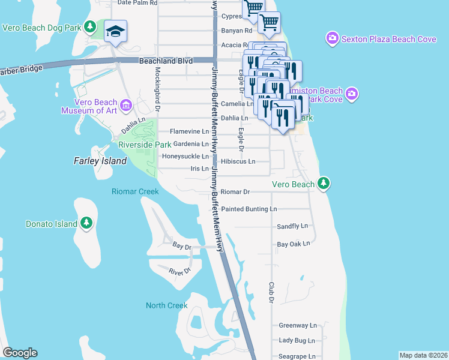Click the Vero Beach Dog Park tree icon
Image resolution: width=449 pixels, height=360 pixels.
point(90,27)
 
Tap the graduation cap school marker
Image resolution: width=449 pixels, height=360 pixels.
point(115,31)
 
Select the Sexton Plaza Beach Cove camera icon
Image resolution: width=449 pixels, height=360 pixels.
point(332,39)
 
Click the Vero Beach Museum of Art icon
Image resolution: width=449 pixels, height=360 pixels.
point(125,106)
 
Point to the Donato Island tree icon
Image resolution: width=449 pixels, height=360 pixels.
point(86,224)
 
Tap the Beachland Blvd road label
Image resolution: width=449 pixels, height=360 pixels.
point(166,61)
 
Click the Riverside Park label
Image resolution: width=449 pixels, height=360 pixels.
point(145,145)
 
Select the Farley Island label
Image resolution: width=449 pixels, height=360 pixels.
point(100,161)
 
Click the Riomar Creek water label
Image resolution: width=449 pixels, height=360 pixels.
point(135,191)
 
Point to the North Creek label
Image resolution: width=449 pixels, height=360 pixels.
point(167,305)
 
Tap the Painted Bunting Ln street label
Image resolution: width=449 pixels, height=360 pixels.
point(249,209)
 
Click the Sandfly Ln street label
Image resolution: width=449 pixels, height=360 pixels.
point(292,226)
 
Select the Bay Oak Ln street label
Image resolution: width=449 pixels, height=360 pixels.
point(293,244)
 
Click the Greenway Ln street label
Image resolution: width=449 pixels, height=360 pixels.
point(297,325)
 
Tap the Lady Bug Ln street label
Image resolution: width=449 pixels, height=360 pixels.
point(297,340)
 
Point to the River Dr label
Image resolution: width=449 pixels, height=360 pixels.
point(179,271)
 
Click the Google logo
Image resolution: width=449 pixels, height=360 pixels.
point(20,353)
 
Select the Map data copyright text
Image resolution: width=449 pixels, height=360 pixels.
point(423,355)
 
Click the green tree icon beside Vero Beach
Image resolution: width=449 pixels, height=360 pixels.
point(324,182)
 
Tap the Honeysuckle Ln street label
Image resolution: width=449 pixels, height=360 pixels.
point(185,157)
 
